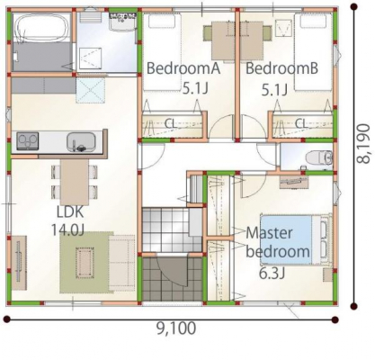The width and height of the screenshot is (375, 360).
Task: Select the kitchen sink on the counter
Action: click(x=81, y=141)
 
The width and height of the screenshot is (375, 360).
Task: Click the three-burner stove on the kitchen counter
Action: click(x=28, y=140)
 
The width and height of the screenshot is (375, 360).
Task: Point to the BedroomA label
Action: click(x=183, y=68)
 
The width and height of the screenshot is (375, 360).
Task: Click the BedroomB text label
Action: click(x=281, y=68)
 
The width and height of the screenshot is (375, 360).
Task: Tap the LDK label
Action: click(x=70, y=211)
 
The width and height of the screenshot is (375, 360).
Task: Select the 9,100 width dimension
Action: click(x=176, y=328)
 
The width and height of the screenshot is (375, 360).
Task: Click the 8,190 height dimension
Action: click(x=363, y=144)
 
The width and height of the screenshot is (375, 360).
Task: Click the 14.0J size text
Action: click(x=67, y=230)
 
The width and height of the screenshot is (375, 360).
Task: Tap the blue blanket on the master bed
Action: click(x=286, y=239)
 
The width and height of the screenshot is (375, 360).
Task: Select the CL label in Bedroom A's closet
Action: click(x=171, y=123)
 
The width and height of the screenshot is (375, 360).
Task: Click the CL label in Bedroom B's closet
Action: click(x=301, y=123)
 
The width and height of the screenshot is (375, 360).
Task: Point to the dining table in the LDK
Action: click(x=75, y=182)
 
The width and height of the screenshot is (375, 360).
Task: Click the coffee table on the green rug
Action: click(x=85, y=263)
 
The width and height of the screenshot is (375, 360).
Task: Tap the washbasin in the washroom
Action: click(x=121, y=21)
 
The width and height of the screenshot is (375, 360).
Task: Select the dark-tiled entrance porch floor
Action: click(x=172, y=279)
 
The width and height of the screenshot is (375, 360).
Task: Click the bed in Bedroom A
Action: click(x=162, y=52)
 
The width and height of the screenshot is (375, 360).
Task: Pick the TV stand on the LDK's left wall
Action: click(x=19, y=263)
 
